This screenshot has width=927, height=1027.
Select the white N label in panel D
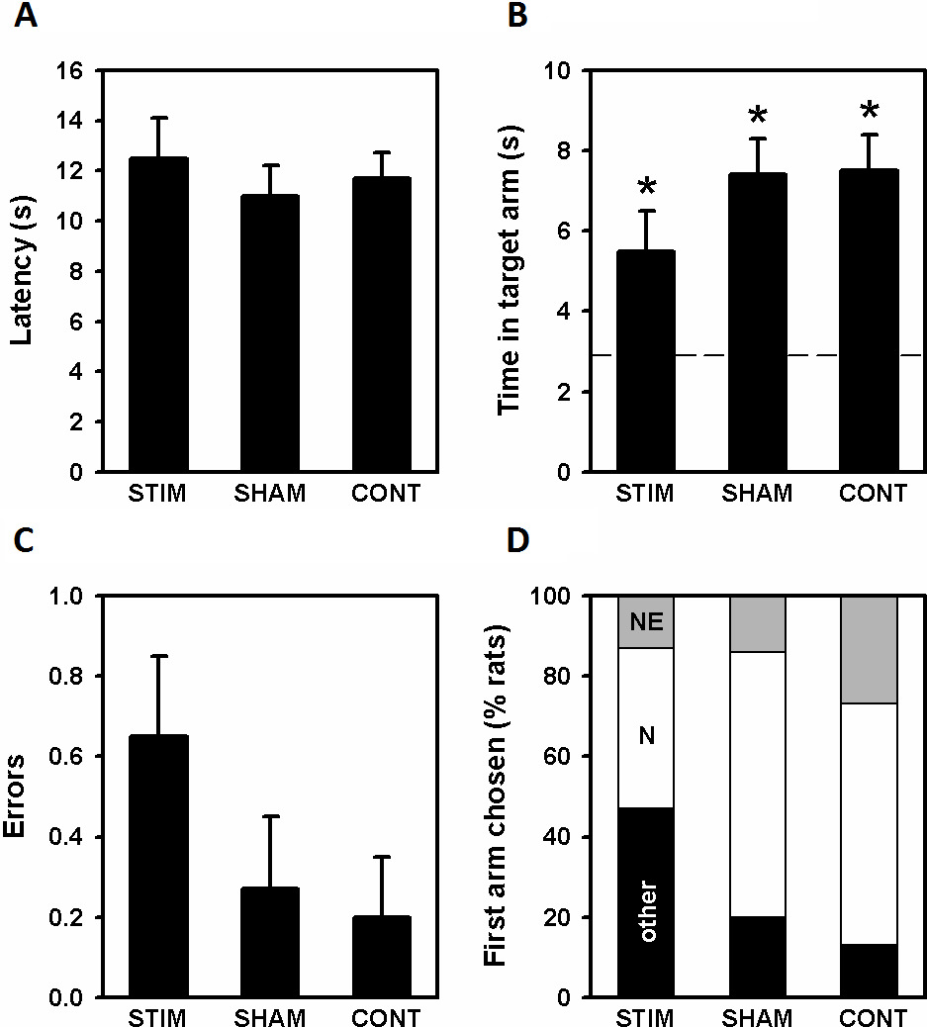645,736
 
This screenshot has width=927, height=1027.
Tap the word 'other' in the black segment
647,911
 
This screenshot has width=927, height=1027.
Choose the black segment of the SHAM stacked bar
757,957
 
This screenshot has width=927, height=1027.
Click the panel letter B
515,17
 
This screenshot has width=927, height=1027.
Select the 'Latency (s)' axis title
24,270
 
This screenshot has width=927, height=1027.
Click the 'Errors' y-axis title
24,796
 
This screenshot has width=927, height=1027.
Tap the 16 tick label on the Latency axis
72,71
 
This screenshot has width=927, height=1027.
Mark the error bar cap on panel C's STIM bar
159,655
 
